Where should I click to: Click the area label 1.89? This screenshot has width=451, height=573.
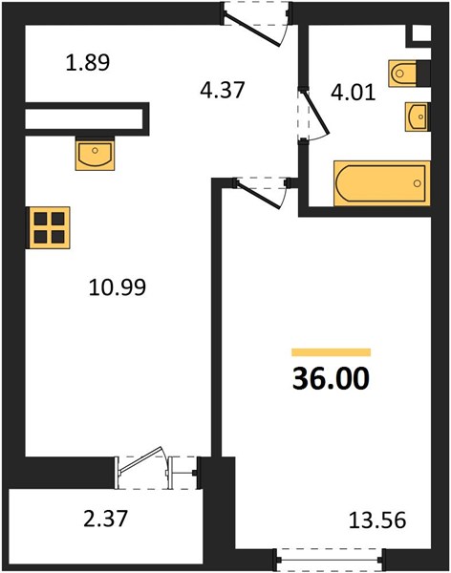pos(88,62)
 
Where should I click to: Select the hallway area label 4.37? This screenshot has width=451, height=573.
pos(223,90)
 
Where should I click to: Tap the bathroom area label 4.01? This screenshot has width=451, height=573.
pos(354,93)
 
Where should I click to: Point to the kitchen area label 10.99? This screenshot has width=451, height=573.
pos(118,287)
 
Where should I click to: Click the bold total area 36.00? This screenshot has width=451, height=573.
pos(331,379)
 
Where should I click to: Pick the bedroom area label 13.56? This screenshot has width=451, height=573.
pos(377,520)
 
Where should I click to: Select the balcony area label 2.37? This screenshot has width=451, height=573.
pos(106,519)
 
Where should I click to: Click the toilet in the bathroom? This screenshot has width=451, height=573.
pos(402,74)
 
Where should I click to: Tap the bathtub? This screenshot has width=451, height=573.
pos(381,183)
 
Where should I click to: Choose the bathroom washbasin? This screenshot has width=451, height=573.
pos(416,117)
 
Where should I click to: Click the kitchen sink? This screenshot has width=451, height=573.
pos(95,154)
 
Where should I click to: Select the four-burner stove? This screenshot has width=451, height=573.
pos(49,227)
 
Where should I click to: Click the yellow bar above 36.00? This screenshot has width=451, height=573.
pos(331,352)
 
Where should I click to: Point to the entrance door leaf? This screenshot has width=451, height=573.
pos(252,31)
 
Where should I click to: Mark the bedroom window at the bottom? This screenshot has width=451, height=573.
pos(330,559)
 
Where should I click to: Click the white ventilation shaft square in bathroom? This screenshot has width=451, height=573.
pos(421,33)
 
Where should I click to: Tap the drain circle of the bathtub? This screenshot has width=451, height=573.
pos(417,183)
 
